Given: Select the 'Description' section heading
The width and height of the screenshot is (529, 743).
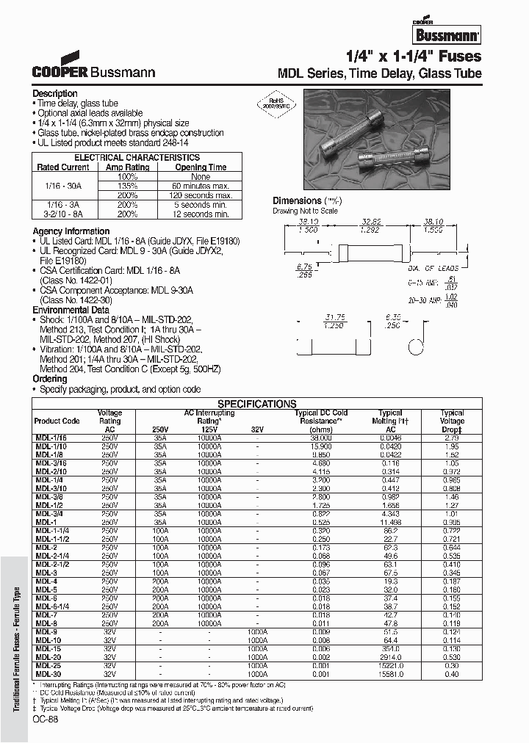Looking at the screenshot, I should point(55,93).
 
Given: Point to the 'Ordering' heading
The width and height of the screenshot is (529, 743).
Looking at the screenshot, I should point(50,379).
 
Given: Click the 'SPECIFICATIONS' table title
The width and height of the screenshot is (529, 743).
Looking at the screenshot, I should point(256,404).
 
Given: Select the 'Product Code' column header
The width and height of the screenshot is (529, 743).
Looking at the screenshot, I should point(57,421).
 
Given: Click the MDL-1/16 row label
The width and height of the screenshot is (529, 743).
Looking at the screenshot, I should point(51,437).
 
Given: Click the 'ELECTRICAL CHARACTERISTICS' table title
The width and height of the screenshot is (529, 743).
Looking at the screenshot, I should point(137,157).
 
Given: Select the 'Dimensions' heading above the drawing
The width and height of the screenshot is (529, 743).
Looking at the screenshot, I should point(297,200).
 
